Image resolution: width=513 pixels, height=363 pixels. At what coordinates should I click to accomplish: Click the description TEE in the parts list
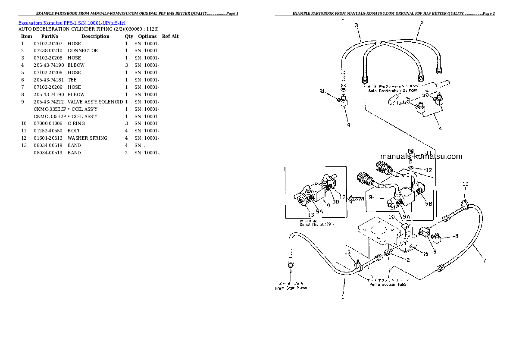pos(72,80)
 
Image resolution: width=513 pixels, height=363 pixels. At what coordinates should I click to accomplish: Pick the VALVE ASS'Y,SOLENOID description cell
pos(95,102)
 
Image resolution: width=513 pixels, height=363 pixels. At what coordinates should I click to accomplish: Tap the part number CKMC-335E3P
pos(50,109)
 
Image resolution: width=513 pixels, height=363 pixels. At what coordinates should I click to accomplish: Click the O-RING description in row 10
pos(76,123)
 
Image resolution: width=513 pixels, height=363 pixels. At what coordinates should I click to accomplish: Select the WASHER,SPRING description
pos(87,138)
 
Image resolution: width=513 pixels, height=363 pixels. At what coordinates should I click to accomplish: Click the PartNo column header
pos(50,36)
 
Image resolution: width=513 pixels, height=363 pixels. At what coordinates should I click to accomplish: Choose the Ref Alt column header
pos(170,36)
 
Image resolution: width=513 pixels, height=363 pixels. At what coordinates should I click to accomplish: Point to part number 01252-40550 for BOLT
pos(47,131)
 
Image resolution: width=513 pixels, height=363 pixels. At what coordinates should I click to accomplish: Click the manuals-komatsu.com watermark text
pos(421,156)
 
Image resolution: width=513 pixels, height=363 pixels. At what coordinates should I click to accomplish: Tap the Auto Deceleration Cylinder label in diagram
pos(392,91)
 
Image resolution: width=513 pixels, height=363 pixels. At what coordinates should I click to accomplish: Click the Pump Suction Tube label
pos(388,284)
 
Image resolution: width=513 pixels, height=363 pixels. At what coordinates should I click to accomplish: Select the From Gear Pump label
pos(291,288)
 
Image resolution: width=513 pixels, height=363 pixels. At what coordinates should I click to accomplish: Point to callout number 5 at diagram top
pos(421,22)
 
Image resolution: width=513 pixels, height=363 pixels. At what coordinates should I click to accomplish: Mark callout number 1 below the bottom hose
pos(343,297)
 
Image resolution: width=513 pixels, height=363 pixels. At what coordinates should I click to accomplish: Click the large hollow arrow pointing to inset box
pos(355,199)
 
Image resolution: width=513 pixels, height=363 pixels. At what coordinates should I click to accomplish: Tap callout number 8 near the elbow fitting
pos(457,236)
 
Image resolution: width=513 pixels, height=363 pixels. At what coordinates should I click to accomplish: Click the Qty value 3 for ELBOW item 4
pos(126,65)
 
